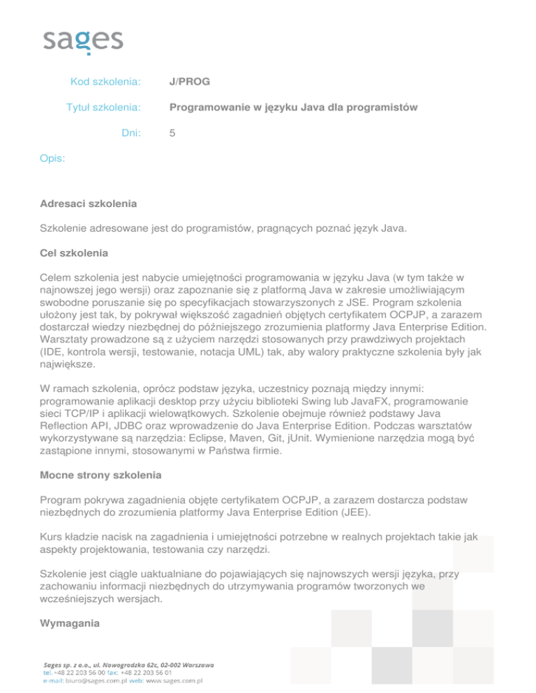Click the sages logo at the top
(x=82, y=40)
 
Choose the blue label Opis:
(x=53, y=158)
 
